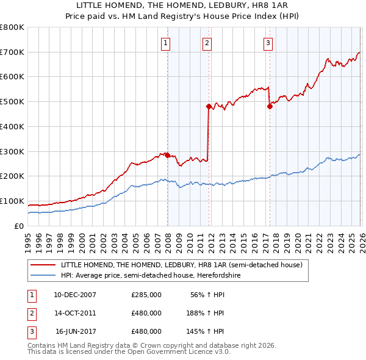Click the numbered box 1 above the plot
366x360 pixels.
pyautogui.click(x=166, y=43)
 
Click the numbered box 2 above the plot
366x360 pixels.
pyautogui.click(x=207, y=43)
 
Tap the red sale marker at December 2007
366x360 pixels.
pyautogui.click(x=167, y=155)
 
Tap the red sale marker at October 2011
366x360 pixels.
pyautogui.click(x=209, y=106)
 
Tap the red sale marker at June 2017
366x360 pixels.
pyautogui.click(x=270, y=106)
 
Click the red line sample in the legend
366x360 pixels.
pyautogui.click(x=43, y=265)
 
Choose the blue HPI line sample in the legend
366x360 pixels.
pyautogui.click(x=43, y=275)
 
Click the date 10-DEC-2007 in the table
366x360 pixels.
pyautogui.click(x=75, y=295)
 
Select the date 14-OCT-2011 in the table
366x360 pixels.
pyautogui.click(x=75, y=313)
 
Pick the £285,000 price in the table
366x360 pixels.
pyautogui.click(x=146, y=295)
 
